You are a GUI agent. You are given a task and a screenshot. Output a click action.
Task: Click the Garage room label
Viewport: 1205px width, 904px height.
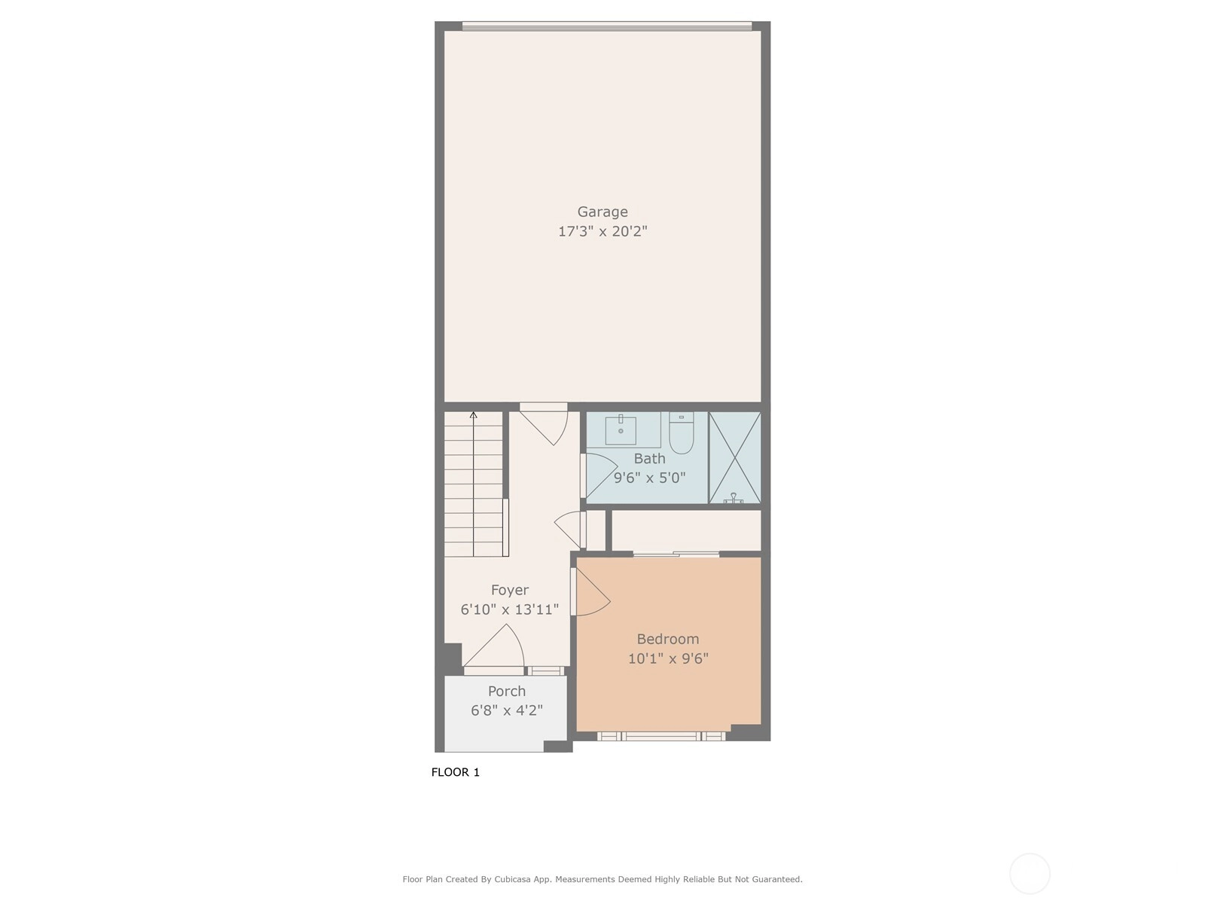(602, 212)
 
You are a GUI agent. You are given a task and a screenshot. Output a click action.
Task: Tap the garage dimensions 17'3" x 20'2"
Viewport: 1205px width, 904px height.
(602, 231)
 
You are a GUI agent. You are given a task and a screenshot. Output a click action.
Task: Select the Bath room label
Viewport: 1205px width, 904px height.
(649, 458)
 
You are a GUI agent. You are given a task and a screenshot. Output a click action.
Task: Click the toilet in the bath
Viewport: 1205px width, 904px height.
(682, 433)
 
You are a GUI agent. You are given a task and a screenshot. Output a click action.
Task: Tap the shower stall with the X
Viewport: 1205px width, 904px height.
(734, 458)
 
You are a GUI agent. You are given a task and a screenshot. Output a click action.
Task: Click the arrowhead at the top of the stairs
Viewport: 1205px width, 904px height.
(473, 415)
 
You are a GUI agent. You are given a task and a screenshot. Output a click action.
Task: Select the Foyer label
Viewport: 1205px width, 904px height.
(509, 590)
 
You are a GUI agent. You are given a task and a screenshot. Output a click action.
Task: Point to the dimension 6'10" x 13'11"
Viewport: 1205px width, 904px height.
(509, 609)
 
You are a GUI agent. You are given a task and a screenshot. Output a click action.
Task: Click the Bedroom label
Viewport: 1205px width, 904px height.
(667, 639)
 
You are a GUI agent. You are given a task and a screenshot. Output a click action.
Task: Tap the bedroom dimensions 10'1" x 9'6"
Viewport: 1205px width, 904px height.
(668, 658)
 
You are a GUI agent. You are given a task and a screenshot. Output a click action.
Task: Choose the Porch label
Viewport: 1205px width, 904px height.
(507, 691)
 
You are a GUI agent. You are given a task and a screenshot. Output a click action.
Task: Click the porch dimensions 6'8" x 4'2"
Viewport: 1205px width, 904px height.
(507, 710)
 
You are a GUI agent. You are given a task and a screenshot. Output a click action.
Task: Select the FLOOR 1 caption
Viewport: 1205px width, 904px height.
(455, 772)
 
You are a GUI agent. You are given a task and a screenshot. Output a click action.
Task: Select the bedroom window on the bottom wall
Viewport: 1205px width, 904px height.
(661, 736)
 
